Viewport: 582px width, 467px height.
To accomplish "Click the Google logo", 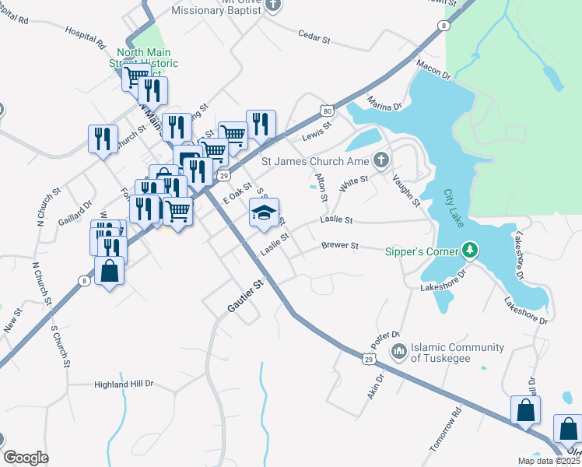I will [x=26, y=458].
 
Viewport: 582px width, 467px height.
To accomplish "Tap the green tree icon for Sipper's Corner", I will [x=469, y=251].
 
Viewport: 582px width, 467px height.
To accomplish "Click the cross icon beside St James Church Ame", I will [x=380, y=161].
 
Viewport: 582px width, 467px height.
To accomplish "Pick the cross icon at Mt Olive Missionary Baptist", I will [x=272, y=5].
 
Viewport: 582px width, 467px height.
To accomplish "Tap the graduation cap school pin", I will [x=264, y=212].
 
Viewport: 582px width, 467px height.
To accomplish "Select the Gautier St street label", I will [x=246, y=297].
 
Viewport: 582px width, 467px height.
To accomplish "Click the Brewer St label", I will [x=340, y=246].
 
